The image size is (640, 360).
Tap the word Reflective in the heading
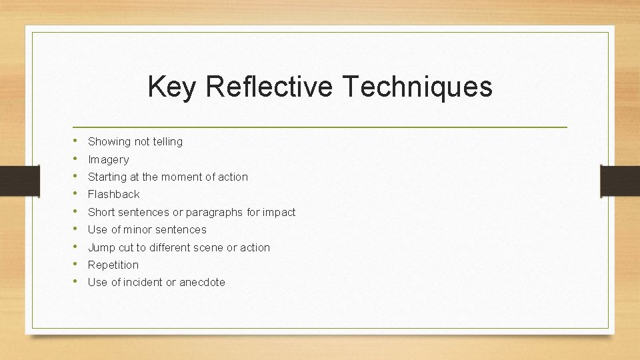(x=269, y=87)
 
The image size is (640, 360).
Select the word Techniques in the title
(x=417, y=87)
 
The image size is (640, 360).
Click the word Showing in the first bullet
(x=109, y=141)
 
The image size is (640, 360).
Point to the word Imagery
(x=109, y=159)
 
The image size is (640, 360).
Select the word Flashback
(x=114, y=194)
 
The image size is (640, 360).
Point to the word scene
(x=208, y=247)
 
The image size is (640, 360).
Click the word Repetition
(x=113, y=265)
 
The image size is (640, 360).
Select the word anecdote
(x=202, y=282)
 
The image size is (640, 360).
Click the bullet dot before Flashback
(x=76, y=194)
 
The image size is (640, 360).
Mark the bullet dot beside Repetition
(x=76, y=264)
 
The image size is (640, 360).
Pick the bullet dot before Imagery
(x=76, y=159)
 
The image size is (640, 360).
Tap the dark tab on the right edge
(x=620, y=181)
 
